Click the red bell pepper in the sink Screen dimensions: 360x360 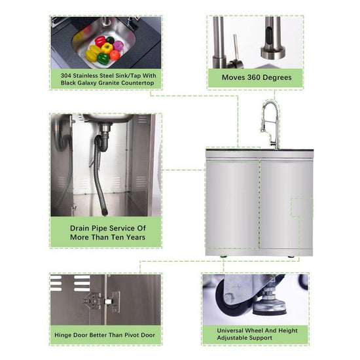pos(100,41)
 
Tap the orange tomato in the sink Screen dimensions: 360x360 pos(115,56)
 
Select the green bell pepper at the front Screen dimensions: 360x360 pos(103,58)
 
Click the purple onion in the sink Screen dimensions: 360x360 pos(118,46)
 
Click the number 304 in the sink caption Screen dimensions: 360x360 pos(66,75)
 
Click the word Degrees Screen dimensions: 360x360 pos(277,78)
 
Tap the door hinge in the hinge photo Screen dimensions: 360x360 pos(101,301)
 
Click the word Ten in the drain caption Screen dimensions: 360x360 pos(118,237)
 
